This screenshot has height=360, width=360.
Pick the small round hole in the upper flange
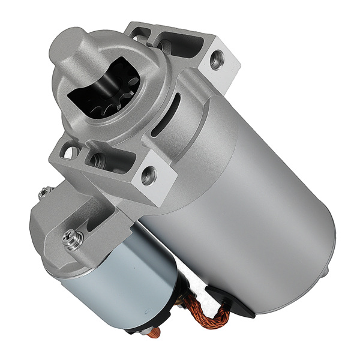pos(139,38)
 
